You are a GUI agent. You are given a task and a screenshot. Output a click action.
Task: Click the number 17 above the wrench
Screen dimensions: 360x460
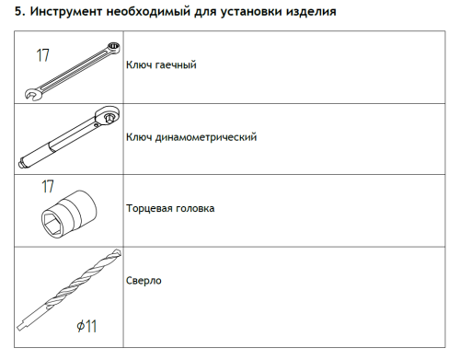[x=42, y=55]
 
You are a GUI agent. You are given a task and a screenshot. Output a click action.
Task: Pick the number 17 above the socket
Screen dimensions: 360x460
[x=49, y=186]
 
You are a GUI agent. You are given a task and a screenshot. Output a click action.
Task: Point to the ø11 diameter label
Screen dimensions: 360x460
[x=88, y=326]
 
